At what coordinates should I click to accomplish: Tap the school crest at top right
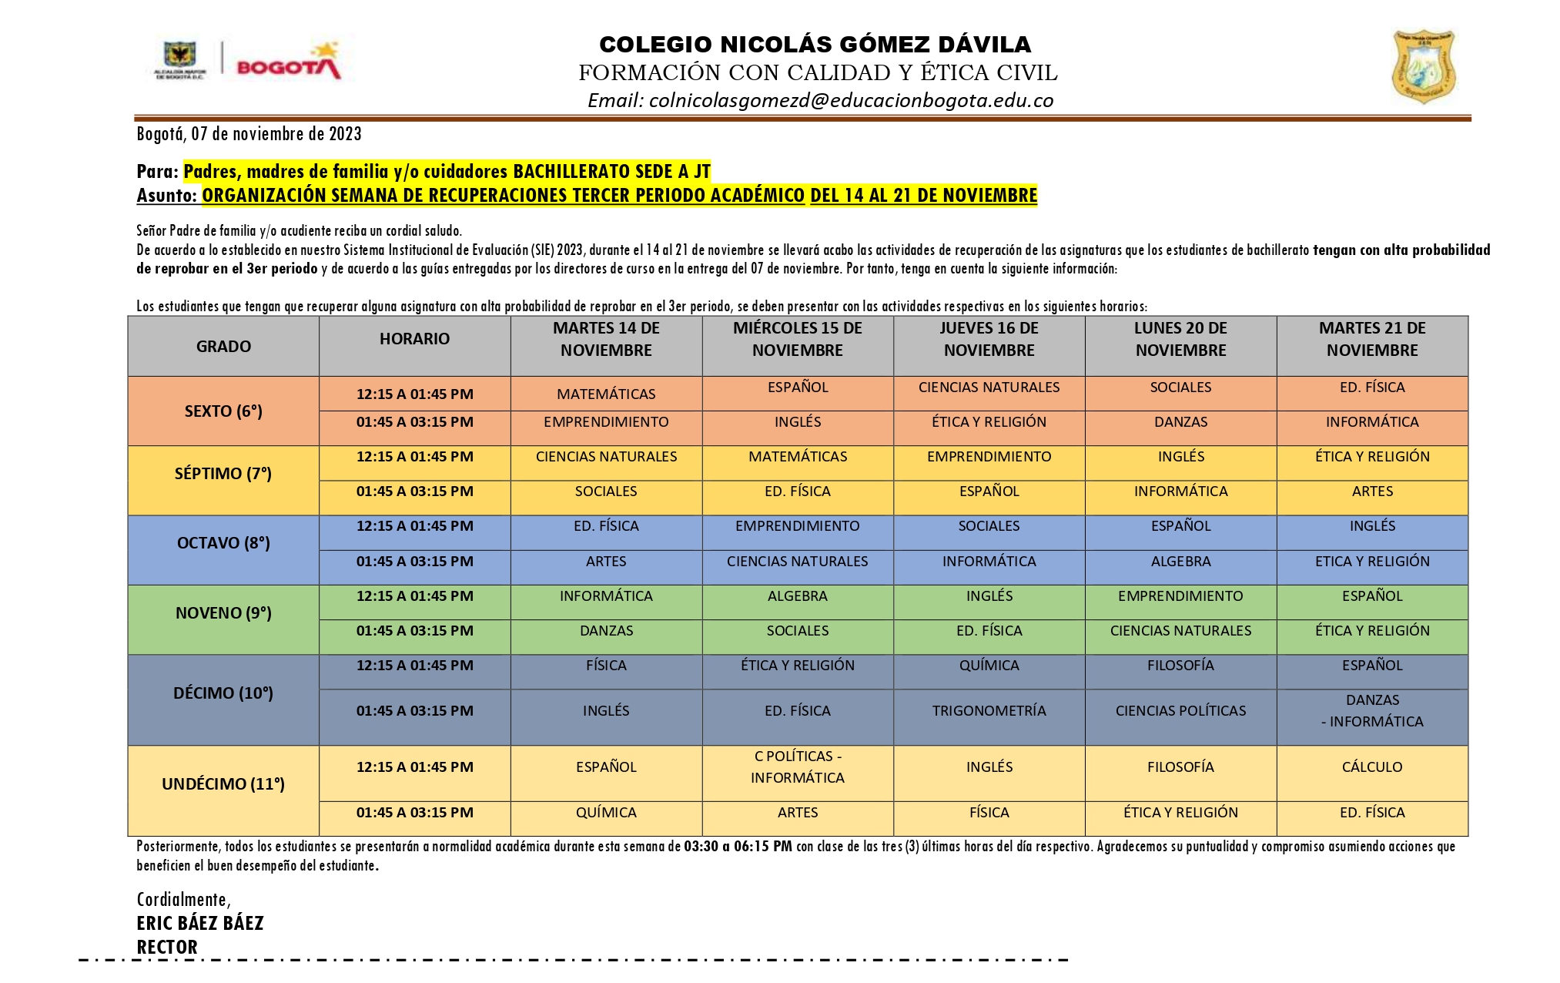tap(1423, 67)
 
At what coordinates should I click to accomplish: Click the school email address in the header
tap(820, 101)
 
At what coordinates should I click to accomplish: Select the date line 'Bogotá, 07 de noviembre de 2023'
tap(249, 134)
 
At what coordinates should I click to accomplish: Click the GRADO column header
tap(223, 346)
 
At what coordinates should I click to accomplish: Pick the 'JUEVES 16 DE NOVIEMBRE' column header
tap(989, 339)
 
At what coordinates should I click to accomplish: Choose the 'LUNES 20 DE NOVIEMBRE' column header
tap(1180, 339)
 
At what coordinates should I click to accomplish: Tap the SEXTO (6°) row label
tap(223, 411)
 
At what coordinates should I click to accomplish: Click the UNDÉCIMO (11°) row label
tap(223, 783)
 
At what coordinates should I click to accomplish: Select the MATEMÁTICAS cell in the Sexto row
tap(606, 394)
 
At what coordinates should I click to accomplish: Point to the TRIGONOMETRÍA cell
tap(989, 710)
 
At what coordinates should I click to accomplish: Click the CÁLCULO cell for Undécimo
tap(1371, 767)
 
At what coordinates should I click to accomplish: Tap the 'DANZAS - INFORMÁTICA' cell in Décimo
tap(1372, 710)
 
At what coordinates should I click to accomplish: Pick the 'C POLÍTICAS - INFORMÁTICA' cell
tap(797, 767)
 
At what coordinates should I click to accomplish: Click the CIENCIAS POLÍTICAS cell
tap(1180, 710)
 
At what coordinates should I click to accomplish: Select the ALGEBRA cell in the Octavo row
tap(1180, 561)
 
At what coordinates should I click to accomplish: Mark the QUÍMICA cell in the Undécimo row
tap(606, 812)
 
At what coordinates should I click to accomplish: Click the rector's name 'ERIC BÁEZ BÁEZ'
tap(200, 923)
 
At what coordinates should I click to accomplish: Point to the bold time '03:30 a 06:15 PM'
tap(738, 846)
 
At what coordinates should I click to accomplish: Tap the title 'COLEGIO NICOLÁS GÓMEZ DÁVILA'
tap(815, 44)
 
